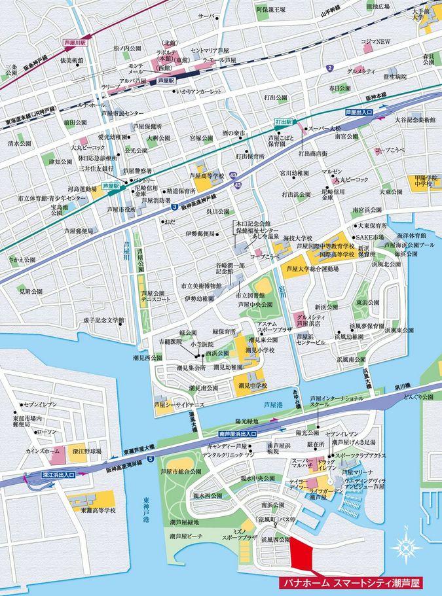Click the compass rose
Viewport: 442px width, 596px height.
click(407, 546)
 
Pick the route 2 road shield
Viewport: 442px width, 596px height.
click(331, 69)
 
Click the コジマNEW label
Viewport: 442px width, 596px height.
click(375, 42)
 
